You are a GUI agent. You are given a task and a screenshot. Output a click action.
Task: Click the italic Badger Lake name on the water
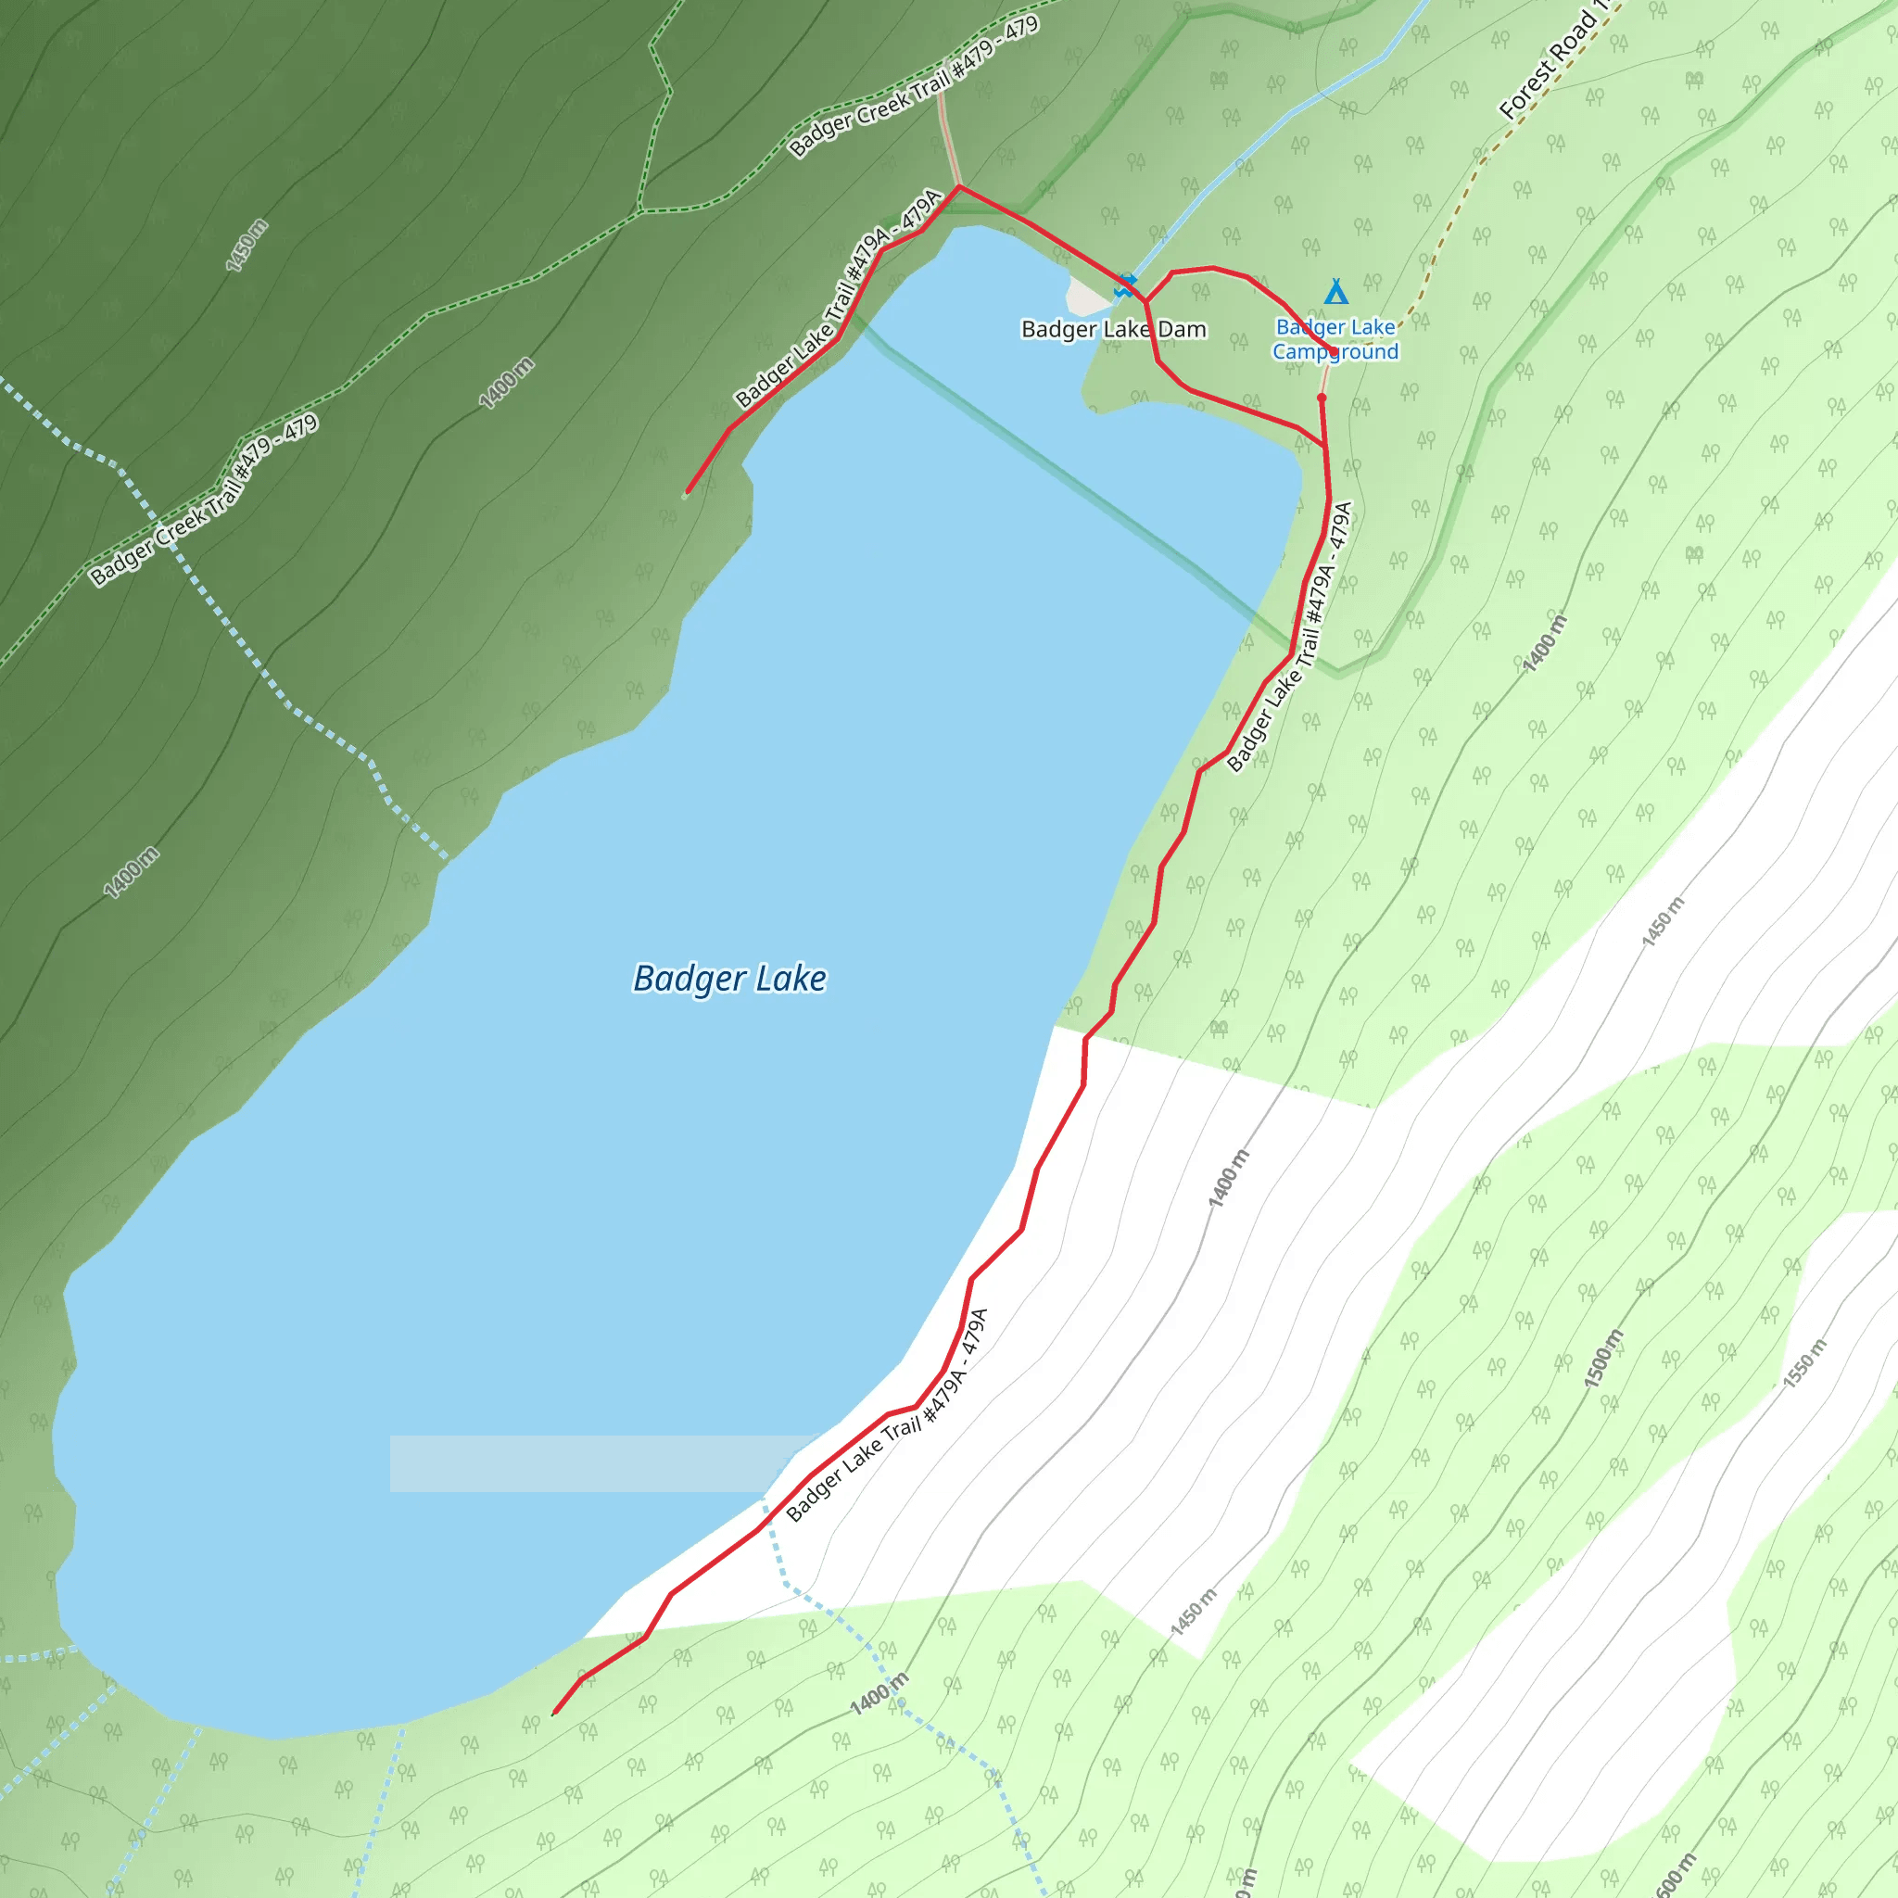(729, 979)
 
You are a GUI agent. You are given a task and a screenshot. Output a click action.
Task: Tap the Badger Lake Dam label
(1113, 329)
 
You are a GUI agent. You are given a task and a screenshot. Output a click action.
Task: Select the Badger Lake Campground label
(1335, 339)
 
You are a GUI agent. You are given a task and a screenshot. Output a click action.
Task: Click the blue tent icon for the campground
(1335, 292)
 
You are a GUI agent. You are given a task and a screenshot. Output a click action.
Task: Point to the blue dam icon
(1126, 285)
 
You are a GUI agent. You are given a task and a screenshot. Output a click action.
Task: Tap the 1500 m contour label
(1603, 1359)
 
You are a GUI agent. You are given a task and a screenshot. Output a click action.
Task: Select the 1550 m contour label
(1804, 1362)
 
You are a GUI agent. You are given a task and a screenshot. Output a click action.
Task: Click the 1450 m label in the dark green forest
(247, 246)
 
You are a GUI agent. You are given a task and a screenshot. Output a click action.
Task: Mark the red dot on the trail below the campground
(1322, 398)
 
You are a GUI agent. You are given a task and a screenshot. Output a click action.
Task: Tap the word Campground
(1335, 351)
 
